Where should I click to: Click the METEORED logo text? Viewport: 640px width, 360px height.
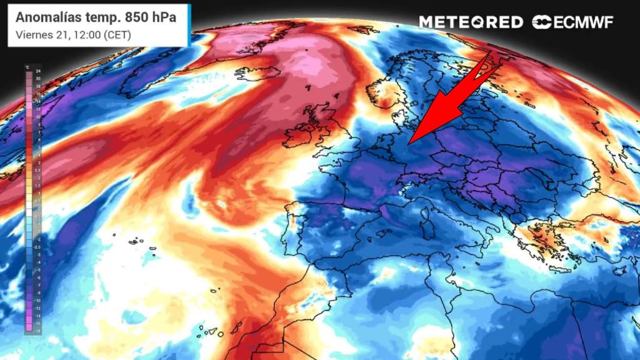[x=471, y=22]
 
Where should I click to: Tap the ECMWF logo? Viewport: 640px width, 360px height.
[x=572, y=22]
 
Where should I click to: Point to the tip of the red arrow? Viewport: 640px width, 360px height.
[x=407, y=144]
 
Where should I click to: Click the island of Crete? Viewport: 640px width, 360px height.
[x=559, y=269]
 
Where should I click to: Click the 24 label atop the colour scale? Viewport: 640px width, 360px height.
[x=38, y=73]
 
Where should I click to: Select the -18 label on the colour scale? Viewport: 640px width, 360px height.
[x=37, y=331]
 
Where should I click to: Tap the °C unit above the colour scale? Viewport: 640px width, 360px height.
[x=27, y=67]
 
